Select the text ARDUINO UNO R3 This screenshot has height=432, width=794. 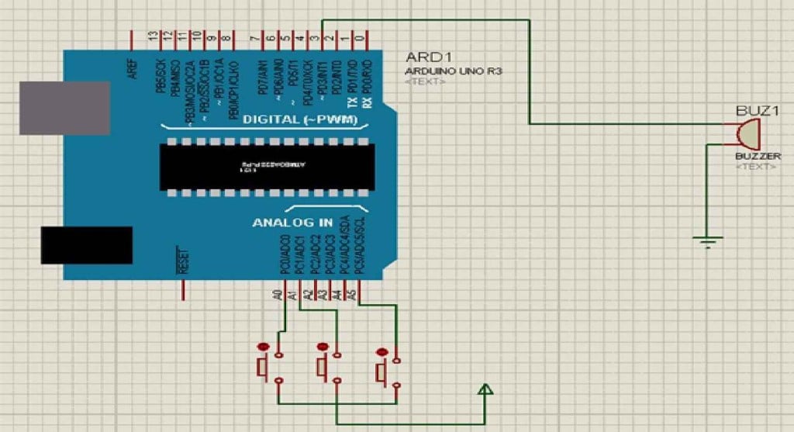[454, 71]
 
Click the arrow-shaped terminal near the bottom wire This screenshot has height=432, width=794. [485, 390]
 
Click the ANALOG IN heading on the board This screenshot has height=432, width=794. [292, 223]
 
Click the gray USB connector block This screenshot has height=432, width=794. [64, 108]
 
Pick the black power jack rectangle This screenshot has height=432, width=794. [86, 245]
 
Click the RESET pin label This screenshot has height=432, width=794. [184, 262]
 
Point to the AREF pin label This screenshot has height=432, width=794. [133, 67]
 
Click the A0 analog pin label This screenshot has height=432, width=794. [277, 295]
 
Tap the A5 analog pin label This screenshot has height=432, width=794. [351, 295]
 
